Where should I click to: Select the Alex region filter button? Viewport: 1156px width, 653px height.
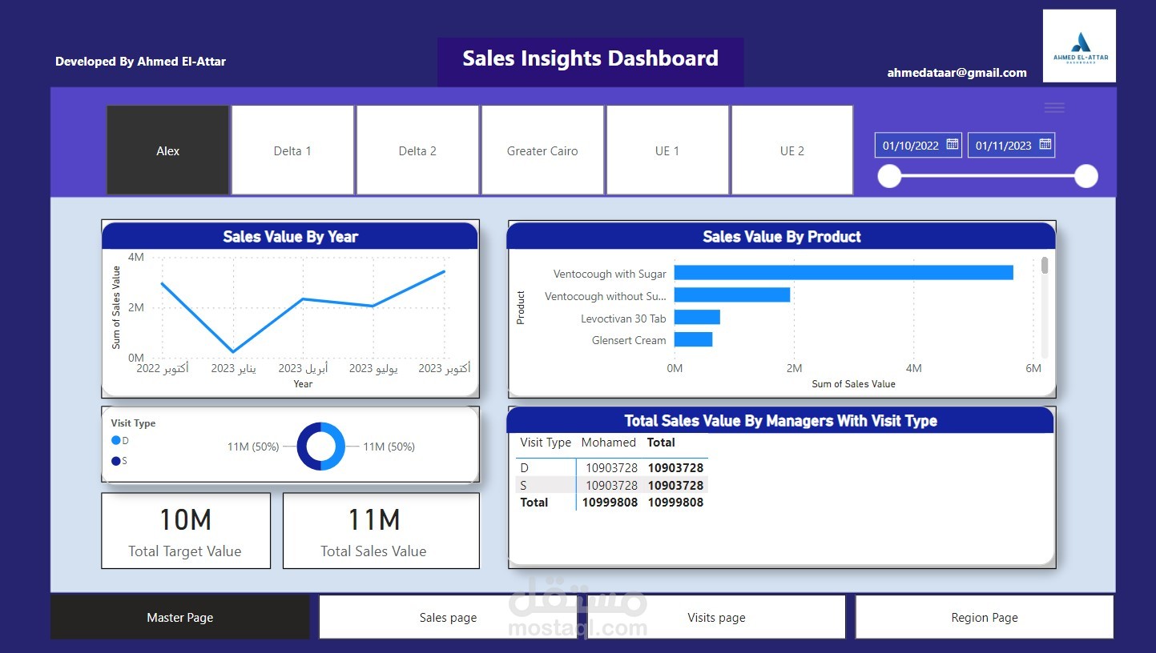(x=167, y=150)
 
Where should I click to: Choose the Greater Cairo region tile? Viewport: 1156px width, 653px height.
(x=542, y=150)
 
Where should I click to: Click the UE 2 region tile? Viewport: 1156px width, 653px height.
(x=792, y=150)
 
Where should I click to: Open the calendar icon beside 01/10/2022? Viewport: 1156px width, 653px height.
(x=953, y=144)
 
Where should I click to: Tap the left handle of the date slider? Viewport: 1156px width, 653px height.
(x=889, y=176)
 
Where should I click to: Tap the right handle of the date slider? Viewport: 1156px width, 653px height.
(x=1086, y=176)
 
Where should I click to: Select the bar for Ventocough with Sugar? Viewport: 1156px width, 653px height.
(x=844, y=273)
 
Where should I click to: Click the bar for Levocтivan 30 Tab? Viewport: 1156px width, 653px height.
(x=697, y=317)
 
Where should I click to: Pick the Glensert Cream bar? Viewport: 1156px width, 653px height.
(x=693, y=339)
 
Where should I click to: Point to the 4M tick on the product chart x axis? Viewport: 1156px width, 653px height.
(x=913, y=368)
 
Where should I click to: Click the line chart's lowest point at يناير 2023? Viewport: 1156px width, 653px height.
(x=233, y=351)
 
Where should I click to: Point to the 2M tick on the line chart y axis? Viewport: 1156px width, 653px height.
(x=136, y=307)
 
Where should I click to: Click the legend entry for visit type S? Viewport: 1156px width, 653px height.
(x=119, y=461)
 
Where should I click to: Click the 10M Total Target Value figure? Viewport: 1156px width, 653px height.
(x=186, y=519)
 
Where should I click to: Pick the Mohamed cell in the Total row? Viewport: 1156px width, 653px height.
(x=610, y=503)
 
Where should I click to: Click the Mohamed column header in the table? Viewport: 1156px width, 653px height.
(x=609, y=443)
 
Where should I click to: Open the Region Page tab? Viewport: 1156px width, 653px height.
(x=985, y=617)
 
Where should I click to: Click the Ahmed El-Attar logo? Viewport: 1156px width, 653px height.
(x=1080, y=46)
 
